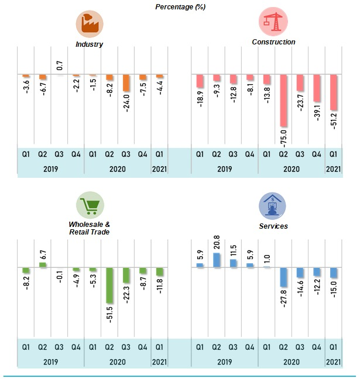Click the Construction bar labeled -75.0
pos(283,100)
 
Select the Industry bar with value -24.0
pos(126,83)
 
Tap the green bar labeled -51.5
pos(109,285)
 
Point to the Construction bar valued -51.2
pos(334,92)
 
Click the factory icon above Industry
pos(89,24)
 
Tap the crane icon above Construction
pos(273,23)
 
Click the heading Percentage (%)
pos(180,6)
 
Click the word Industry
pos(89,44)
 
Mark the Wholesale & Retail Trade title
pos(89,228)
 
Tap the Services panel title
pos(274,225)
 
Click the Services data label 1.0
pos(267,257)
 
